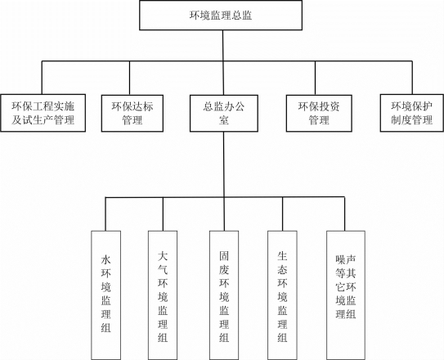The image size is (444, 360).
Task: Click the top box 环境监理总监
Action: (221, 16)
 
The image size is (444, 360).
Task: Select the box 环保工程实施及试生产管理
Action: (43, 113)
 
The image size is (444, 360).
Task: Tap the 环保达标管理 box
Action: (132, 113)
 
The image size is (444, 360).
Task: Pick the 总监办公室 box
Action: (224, 113)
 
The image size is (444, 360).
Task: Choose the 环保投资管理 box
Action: (319, 113)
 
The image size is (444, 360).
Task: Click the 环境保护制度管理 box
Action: (412, 113)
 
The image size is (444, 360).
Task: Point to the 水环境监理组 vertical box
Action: (106, 295)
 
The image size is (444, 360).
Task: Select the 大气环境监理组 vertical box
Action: (163, 295)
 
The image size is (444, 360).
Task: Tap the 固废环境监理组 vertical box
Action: (224, 295)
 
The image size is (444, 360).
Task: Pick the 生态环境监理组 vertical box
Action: (282, 295)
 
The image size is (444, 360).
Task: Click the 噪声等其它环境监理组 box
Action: (346, 295)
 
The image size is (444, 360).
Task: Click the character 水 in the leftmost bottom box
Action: (106, 260)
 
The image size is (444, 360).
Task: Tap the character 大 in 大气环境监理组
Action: (163, 256)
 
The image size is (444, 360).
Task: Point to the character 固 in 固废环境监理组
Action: (224, 256)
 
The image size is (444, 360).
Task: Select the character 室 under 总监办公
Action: (224, 120)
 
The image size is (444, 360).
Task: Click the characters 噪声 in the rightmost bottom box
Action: (346, 259)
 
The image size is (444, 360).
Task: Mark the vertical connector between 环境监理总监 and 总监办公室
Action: (223, 62)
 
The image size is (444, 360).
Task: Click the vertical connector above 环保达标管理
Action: (130, 78)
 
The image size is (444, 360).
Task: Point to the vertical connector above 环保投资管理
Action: (315, 78)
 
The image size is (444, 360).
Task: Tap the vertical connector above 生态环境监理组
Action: (282, 214)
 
